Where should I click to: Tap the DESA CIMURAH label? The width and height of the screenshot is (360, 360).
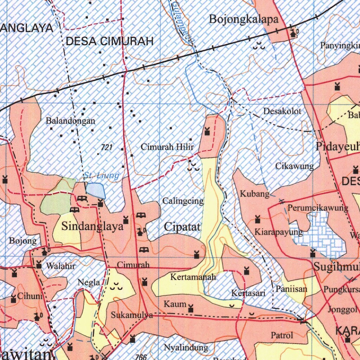point(110,41)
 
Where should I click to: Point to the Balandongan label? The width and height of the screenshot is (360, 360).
point(71,121)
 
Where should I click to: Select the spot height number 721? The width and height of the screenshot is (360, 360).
point(107,148)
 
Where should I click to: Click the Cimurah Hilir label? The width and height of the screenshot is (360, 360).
point(167,147)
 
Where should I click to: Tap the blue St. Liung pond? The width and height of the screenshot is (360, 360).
point(96,191)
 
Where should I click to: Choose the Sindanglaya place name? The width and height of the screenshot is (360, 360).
point(92,226)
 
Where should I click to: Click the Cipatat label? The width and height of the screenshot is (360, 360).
point(182,227)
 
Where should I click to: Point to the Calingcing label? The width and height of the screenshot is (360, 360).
point(183,201)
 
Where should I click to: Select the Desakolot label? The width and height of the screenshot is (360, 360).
point(282,111)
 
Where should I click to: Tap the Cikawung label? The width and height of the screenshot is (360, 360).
point(295,166)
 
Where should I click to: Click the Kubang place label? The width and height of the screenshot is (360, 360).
point(255,193)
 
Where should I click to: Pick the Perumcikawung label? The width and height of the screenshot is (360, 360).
point(318,208)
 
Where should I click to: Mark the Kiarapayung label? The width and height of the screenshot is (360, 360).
point(279,232)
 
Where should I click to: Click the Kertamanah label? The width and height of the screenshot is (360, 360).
point(193,277)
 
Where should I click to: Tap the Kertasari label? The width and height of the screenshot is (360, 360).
point(248,292)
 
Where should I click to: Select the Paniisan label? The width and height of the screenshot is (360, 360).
point(292,289)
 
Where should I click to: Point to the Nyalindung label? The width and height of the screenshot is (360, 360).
point(186,348)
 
